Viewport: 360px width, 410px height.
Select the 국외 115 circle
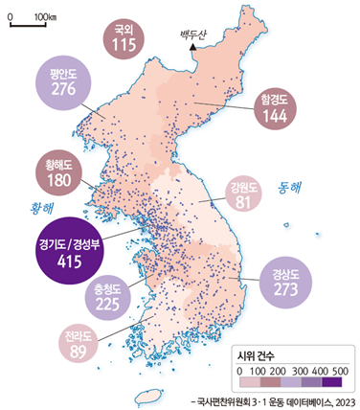tap(122, 37)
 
